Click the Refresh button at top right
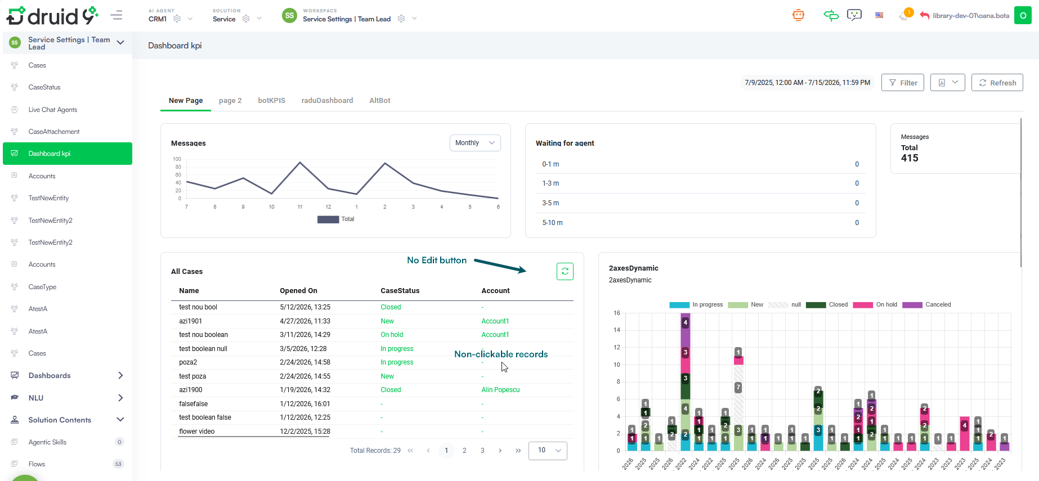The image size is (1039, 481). pos(997,83)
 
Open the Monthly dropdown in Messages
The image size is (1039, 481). pos(475,143)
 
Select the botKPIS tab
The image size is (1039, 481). pos(271,101)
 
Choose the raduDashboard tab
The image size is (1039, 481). pos(327,101)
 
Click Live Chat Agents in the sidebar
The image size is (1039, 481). pos(53,110)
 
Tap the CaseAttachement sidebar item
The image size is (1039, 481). pos(54,132)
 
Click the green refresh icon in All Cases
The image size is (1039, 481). pos(565,271)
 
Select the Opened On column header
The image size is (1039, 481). pos(298,291)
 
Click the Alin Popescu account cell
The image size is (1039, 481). pos(500,390)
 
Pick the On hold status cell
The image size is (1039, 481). pos(392,335)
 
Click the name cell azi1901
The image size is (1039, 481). pos(190,321)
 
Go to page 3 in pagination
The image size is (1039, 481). pos(482,451)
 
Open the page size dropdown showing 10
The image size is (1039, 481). pos(548,451)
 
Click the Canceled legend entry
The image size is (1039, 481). pos(926,305)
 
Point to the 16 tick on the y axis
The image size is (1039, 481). pos(617,313)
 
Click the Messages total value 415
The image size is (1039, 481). pos(910,158)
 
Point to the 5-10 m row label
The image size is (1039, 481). pos(552,223)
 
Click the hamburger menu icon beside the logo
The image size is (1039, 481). pos(117,15)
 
